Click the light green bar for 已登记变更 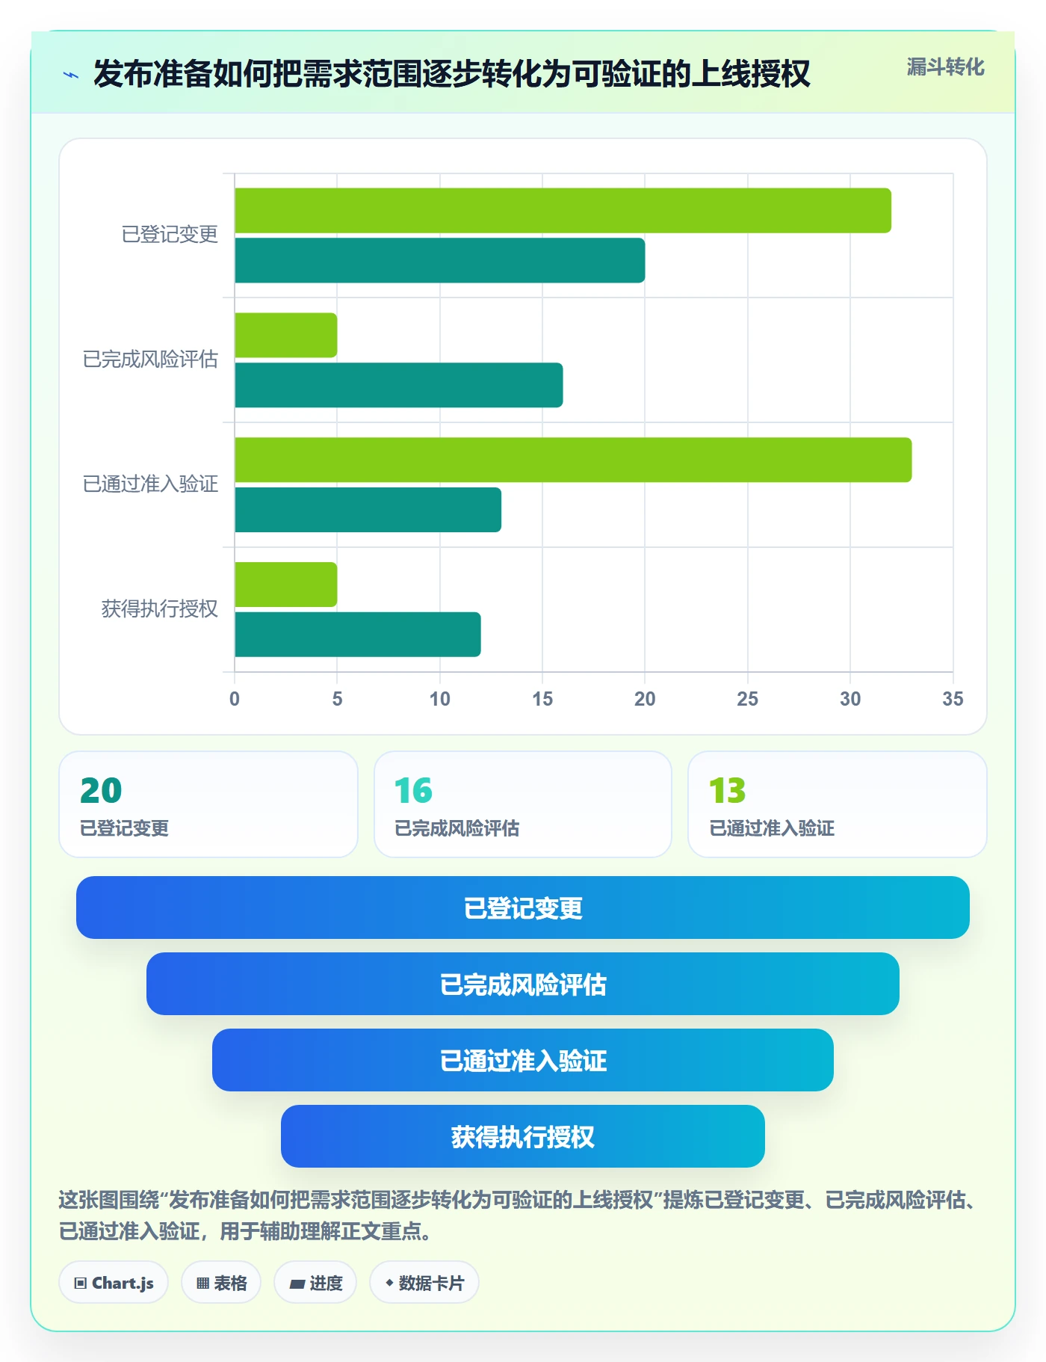[x=563, y=211]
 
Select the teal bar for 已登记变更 [x=439, y=260]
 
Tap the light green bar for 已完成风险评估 [x=285, y=335]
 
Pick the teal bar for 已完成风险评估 [x=398, y=385]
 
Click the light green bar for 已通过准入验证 [x=573, y=460]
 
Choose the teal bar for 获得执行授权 [x=357, y=635]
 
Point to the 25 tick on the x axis [x=747, y=699]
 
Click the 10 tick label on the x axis [x=439, y=699]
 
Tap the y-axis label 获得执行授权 [x=160, y=608]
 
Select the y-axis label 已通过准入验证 [x=150, y=484]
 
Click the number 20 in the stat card [x=101, y=791]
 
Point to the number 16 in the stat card [x=413, y=791]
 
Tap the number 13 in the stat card [x=727, y=791]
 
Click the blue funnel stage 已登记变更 [x=523, y=908]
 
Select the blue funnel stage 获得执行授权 [x=523, y=1136]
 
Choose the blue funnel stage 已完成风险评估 [x=523, y=984]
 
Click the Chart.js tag [x=114, y=1283]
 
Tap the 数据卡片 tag [x=424, y=1283]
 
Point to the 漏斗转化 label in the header [x=945, y=67]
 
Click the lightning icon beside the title [x=71, y=75]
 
